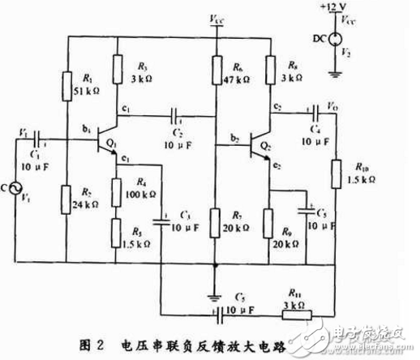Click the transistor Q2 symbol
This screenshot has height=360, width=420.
[257, 147]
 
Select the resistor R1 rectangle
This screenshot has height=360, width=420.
[66, 82]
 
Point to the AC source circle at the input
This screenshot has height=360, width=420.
[15, 189]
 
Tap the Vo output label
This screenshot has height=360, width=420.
[332, 105]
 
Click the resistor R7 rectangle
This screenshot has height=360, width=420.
[215, 219]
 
